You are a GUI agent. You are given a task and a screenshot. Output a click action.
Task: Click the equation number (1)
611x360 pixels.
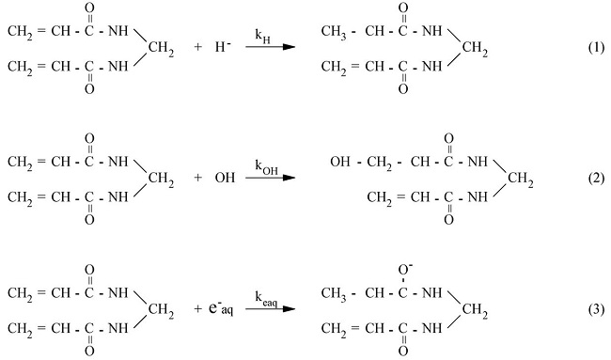tap(588, 47)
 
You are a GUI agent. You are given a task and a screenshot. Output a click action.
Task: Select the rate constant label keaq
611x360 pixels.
tap(265, 295)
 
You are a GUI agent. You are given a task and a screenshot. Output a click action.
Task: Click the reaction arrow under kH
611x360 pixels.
tap(265, 47)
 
